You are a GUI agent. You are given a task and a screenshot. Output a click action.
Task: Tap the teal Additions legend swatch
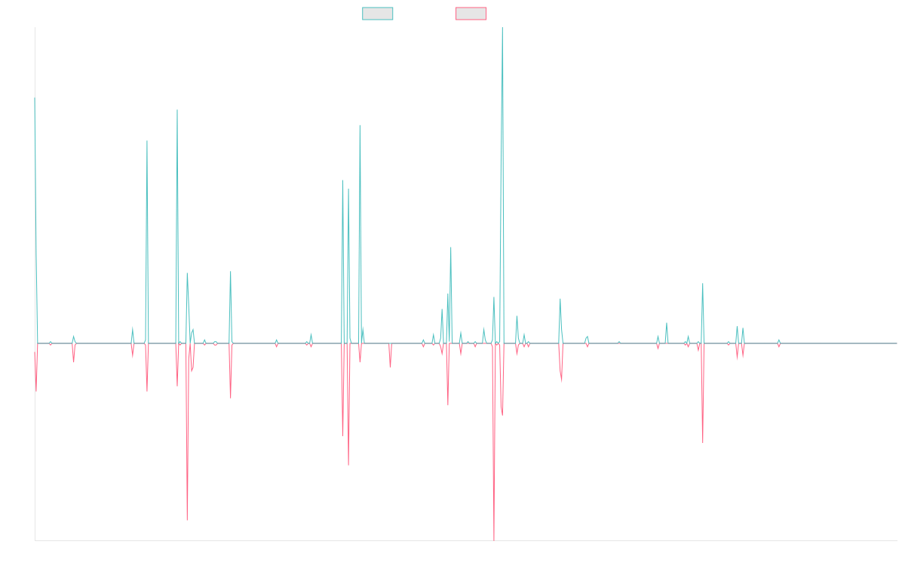coord(378,14)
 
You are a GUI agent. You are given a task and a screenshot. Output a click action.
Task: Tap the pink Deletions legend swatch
coord(471,14)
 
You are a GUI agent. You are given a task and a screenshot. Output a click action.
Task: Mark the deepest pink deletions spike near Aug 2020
coord(494,539)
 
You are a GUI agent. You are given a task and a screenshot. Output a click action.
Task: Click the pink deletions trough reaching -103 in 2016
coord(187,520)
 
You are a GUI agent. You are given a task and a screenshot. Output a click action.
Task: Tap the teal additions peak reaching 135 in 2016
coord(177,111)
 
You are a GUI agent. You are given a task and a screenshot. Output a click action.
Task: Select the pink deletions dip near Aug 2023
coord(703,441)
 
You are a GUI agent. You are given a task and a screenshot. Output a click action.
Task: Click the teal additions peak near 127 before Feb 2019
coord(360,125)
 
